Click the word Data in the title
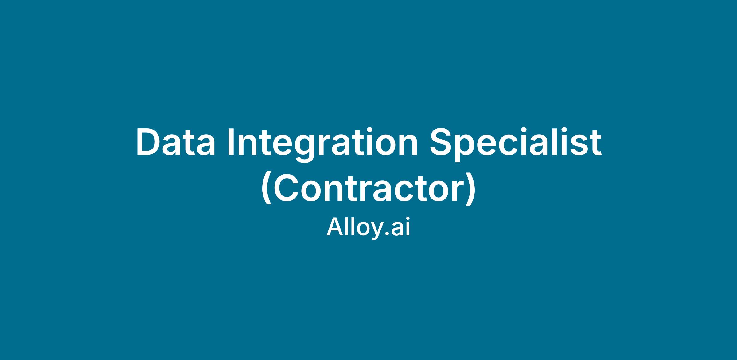point(176,143)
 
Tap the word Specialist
point(516,144)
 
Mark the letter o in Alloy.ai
point(361,230)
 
